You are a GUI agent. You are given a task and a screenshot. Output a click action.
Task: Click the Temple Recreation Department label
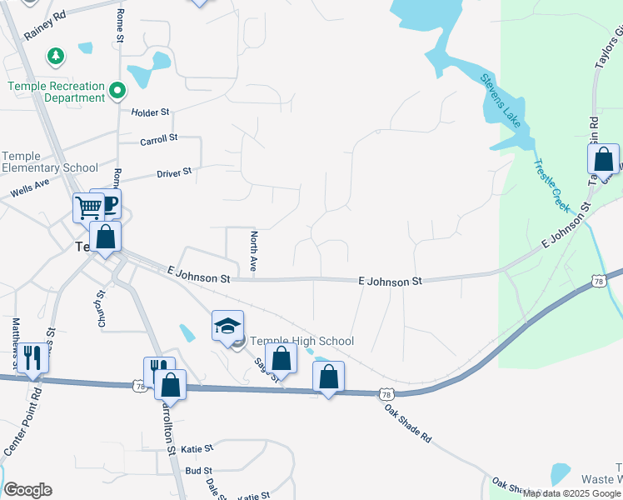tap(57, 92)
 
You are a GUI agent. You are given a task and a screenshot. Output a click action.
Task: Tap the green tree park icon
tap(56, 56)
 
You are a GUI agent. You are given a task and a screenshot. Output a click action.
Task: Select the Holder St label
tap(150, 112)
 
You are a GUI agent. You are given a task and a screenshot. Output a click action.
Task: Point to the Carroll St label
tap(159, 140)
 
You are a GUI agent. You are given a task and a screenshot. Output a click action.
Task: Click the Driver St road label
tap(174, 172)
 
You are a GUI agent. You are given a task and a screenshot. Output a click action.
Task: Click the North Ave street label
tap(254, 252)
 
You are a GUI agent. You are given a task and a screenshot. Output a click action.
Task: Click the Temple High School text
tap(302, 341)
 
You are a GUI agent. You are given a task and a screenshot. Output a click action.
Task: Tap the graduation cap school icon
tap(227, 326)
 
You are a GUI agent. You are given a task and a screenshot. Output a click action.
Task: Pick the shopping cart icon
tap(87, 207)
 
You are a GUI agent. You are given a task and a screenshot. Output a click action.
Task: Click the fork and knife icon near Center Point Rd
tap(32, 357)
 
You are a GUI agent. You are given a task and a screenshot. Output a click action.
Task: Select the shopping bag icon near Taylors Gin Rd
tap(604, 158)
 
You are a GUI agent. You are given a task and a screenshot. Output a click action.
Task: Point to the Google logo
tap(27, 490)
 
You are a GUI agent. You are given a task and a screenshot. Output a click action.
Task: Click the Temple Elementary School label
tap(50, 162)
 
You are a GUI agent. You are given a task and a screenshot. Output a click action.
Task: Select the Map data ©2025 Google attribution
tap(572, 493)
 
